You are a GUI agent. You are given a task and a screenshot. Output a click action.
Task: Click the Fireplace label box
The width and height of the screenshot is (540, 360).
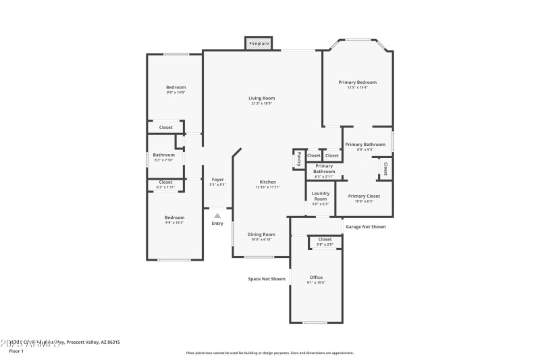click(259, 43)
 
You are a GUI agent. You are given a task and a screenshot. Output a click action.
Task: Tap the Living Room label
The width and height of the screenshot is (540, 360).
click(262, 98)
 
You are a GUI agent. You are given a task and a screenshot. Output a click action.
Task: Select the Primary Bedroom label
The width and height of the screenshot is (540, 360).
click(357, 82)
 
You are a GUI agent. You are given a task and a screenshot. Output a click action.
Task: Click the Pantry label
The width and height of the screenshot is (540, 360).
click(298, 159)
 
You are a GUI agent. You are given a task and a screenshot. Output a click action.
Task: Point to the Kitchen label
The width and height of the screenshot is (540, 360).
click(267, 182)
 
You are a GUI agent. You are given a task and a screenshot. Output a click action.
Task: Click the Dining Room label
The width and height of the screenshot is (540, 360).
click(261, 234)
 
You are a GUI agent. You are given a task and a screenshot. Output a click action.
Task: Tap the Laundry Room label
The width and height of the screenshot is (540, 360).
click(320, 196)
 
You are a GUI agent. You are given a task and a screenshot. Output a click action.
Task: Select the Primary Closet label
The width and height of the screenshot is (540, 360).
click(364, 196)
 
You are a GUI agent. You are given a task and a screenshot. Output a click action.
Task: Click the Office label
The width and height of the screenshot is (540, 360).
click(316, 277)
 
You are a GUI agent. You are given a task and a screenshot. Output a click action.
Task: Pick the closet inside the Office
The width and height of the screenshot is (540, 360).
click(325, 240)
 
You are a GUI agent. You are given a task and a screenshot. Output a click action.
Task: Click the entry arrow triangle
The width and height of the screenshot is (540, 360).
click(217, 215)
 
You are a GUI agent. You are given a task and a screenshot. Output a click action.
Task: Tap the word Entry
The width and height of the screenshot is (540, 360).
click(217, 224)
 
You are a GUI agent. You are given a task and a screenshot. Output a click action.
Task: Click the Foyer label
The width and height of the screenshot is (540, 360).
click(217, 179)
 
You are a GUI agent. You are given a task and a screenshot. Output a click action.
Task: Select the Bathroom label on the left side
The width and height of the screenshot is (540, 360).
click(163, 155)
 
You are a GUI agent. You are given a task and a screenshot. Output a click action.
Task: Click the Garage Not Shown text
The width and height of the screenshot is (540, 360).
click(365, 227)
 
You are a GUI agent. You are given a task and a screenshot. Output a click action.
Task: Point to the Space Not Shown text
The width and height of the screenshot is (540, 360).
click(267, 278)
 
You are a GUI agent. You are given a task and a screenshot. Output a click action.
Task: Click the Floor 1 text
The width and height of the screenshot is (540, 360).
click(16, 351)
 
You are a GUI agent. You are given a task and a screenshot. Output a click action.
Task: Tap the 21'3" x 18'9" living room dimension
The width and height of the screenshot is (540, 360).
click(262, 103)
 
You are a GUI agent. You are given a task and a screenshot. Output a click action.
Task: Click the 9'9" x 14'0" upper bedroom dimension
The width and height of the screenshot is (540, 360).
click(175, 93)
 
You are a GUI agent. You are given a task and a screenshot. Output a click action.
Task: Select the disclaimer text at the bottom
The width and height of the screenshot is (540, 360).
click(269, 353)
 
